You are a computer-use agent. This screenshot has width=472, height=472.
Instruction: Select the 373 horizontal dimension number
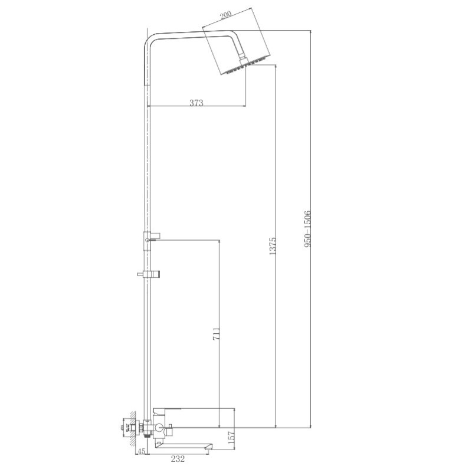coord(196,102)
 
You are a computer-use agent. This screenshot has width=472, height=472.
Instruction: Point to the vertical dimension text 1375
coord(272,246)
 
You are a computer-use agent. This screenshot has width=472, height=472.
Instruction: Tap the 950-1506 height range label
coord(307,229)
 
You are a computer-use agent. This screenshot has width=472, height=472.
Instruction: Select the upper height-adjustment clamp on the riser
coord(149,238)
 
